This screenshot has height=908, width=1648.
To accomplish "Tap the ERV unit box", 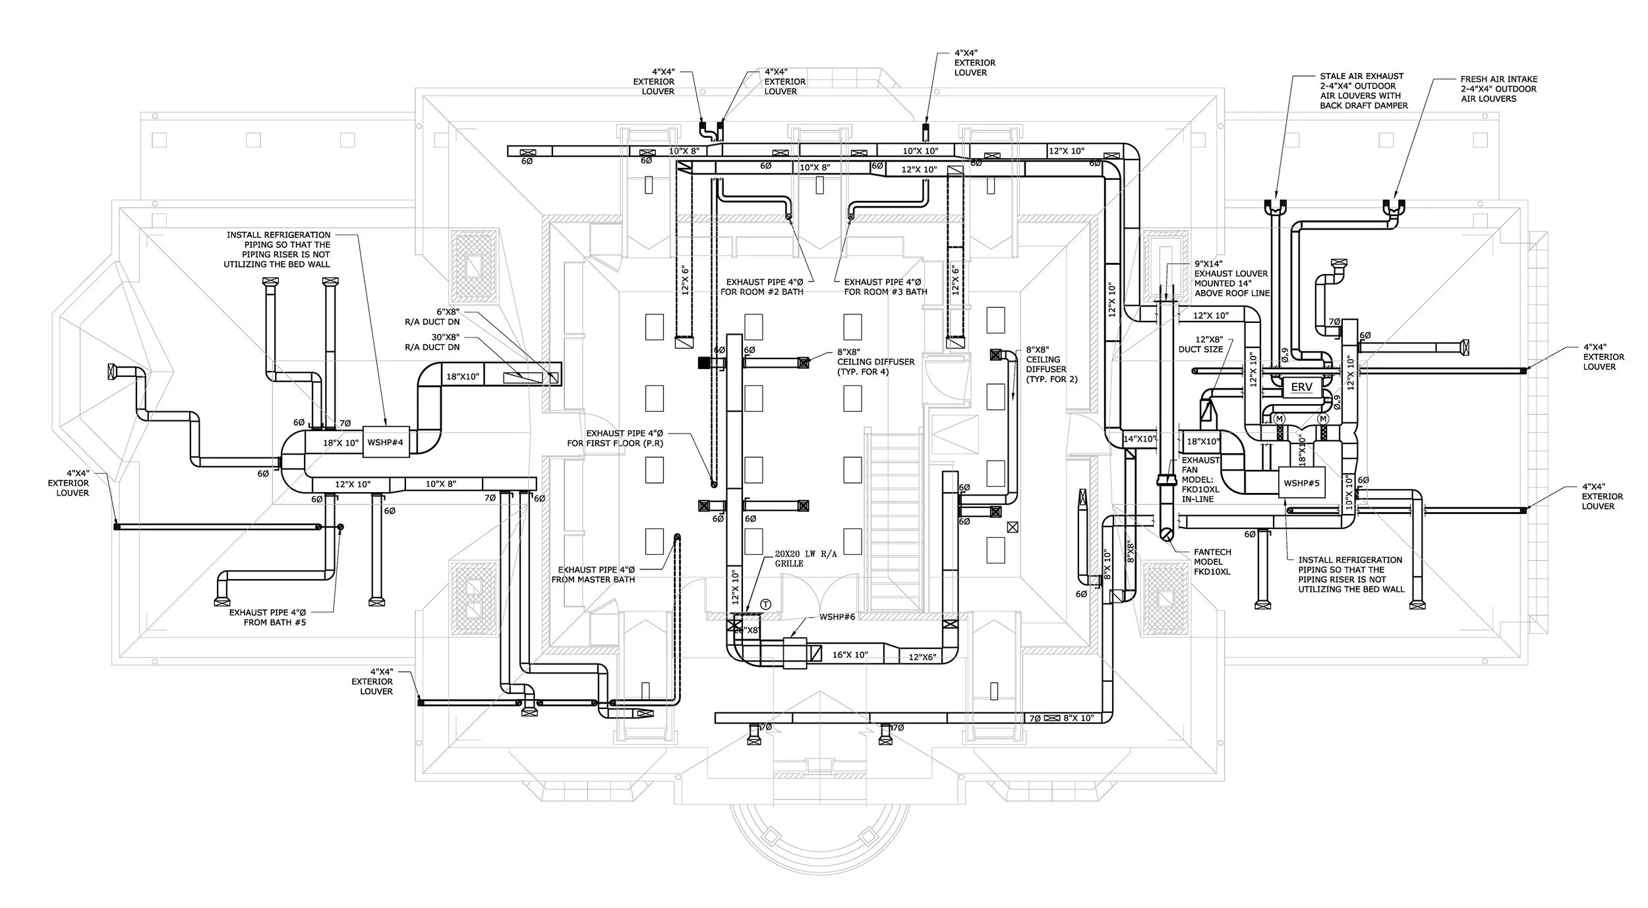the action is (x=1301, y=387).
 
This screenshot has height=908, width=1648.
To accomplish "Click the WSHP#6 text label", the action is (x=837, y=617).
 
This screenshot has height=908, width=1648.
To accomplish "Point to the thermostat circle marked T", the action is (x=765, y=604).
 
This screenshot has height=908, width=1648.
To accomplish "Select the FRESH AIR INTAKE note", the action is (x=1499, y=89).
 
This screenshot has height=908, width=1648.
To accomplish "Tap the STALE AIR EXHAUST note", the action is (x=1364, y=91).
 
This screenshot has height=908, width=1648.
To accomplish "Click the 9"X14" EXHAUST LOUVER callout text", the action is (x=1231, y=278).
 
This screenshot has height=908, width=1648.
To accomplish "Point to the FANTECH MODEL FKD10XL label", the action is (x=1212, y=562).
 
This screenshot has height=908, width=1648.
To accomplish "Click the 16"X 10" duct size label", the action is (x=850, y=655).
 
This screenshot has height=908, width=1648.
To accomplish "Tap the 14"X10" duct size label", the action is (x=1140, y=439).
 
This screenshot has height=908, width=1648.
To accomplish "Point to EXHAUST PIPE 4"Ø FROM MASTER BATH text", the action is (x=597, y=575).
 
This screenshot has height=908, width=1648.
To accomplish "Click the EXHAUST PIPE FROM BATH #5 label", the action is (x=268, y=617).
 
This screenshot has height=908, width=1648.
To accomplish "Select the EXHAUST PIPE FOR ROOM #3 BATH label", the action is (x=885, y=287).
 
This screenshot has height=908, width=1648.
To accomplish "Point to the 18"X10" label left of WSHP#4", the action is (x=341, y=443).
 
